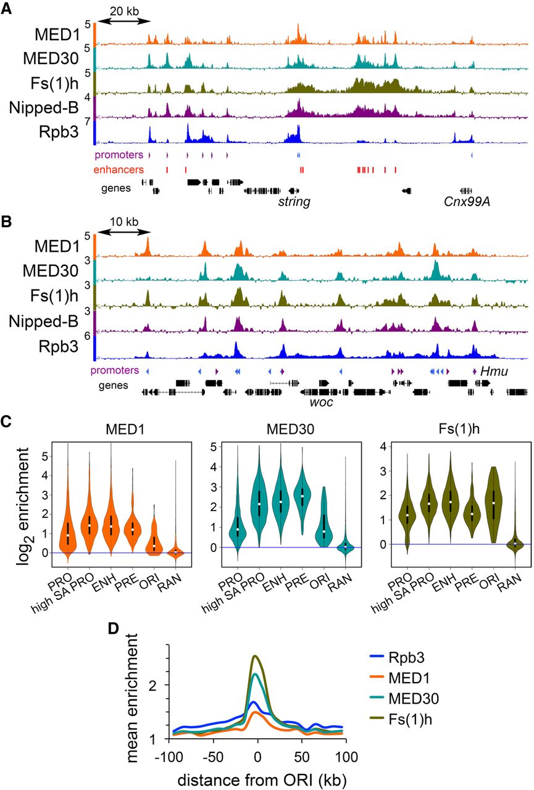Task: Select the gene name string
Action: coord(293,201)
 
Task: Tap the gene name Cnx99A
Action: coord(463,201)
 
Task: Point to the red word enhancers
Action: coord(119,168)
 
